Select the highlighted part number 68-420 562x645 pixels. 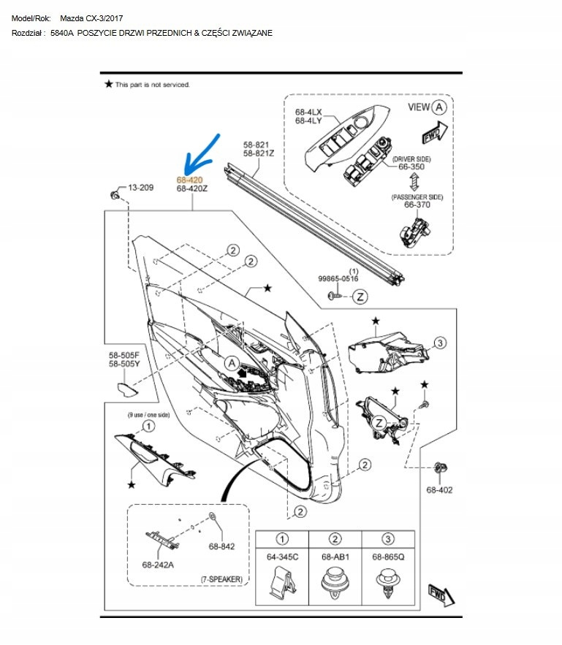pyautogui.click(x=190, y=179)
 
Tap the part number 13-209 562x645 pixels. pyautogui.click(x=140, y=188)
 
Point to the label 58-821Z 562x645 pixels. pyautogui.click(x=259, y=153)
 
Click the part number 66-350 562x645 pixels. pyautogui.click(x=411, y=167)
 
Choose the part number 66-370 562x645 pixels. pyautogui.click(x=417, y=205)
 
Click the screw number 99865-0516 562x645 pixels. pyautogui.click(x=338, y=278)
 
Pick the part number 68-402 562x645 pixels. pyautogui.click(x=439, y=489)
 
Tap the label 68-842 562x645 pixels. pyautogui.click(x=221, y=546)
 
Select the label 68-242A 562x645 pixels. pyautogui.click(x=158, y=564)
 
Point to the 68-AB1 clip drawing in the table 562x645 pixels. pyautogui.click(x=335, y=585)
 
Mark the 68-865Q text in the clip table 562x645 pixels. pyautogui.click(x=387, y=557)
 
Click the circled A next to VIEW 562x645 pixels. pyautogui.click(x=438, y=107)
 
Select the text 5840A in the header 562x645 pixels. pyautogui.click(x=62, y=33)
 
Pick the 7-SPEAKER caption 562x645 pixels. pyautogui.click(x=221, y=579)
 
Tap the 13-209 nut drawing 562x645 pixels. pyautogui.click(x=114, y=194)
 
